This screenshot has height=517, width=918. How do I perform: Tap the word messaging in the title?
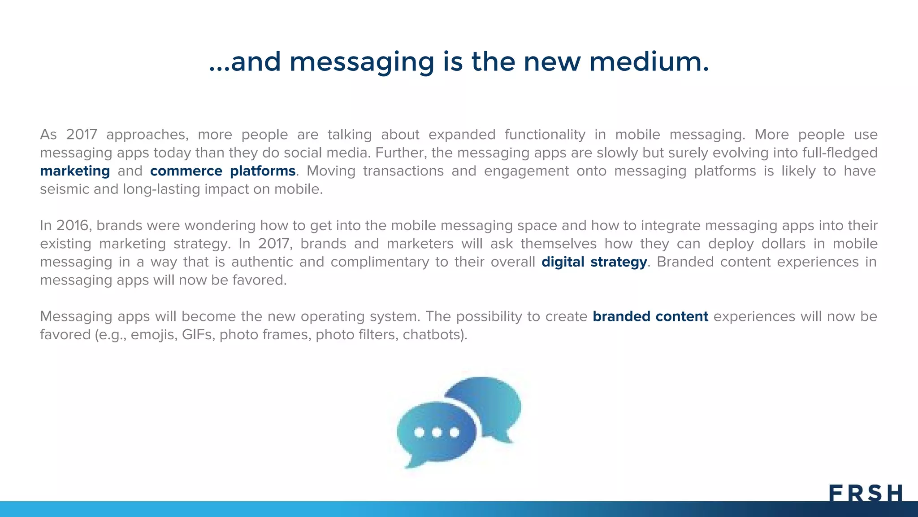point(362,63)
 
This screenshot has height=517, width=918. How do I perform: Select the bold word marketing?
point(75,171)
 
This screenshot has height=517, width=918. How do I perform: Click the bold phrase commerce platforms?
point(223,171)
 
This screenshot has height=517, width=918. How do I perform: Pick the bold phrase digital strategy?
point(594,262)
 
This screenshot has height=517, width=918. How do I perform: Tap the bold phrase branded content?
point(650,316)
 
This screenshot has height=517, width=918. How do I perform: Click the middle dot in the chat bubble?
point(437,433)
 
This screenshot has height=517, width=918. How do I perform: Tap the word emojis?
point(153,335)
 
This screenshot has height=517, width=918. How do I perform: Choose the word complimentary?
point(380,262)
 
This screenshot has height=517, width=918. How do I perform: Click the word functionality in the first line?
point(545,135)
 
